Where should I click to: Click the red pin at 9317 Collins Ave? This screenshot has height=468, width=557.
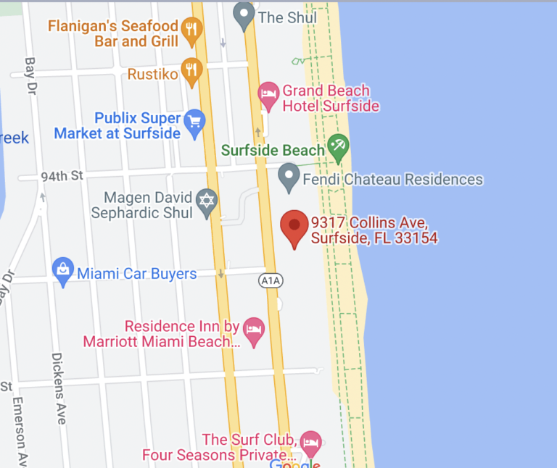(x=294, y=226)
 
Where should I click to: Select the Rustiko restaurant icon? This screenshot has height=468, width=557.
(x=191, y=70)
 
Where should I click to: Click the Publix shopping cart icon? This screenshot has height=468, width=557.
(x=194, y=123)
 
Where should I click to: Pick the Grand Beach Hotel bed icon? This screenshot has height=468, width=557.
(x=269, y=94)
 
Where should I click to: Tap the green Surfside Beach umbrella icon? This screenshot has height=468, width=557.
(x=337, y=146)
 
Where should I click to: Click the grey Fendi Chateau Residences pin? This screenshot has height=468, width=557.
(x=289, y=176)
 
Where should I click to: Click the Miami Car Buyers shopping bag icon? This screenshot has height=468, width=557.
(x=63, y=271)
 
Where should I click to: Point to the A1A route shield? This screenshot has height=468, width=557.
(x=269, y=279)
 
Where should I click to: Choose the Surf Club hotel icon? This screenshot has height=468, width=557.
(x=311, y=441)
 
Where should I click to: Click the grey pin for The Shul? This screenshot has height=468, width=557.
(x=244, y=14)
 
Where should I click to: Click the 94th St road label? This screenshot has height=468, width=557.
(x=62, y=175)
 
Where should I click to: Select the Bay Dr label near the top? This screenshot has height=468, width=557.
(x=30, y=77)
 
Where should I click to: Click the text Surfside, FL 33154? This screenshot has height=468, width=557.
(x=374, y=238)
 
